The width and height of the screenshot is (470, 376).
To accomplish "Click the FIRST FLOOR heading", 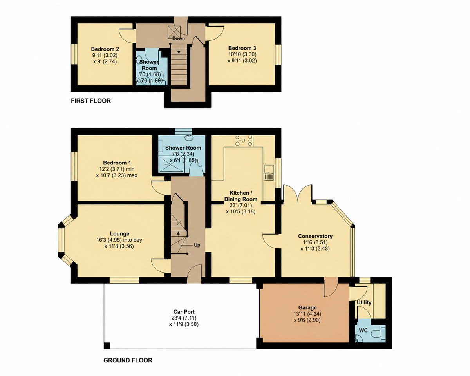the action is coord(91,101).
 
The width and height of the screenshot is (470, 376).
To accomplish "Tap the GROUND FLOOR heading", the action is coord(128,360).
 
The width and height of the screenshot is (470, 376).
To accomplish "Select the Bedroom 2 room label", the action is coord(105,49).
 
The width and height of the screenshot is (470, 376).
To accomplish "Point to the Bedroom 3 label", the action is coord(242,48).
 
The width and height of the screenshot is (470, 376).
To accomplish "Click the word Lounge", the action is coord(119,234).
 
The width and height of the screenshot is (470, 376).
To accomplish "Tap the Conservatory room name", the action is coord(315,236).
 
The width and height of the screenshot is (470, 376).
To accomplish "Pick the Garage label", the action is coord(307,308).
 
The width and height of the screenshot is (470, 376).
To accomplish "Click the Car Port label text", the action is coord(184,312).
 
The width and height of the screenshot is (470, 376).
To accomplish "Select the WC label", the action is coord(363,330).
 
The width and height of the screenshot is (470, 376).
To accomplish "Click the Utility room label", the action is coord(364,302).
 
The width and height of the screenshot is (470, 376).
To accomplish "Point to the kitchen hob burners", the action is coord(244,141).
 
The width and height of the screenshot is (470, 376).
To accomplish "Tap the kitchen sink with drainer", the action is coord(269,173).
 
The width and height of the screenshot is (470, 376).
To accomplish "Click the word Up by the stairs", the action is coord(197,245).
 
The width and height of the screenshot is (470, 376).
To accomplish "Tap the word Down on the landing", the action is coord(179,38).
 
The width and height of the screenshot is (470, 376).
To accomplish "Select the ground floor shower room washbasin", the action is coord(189,137).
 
